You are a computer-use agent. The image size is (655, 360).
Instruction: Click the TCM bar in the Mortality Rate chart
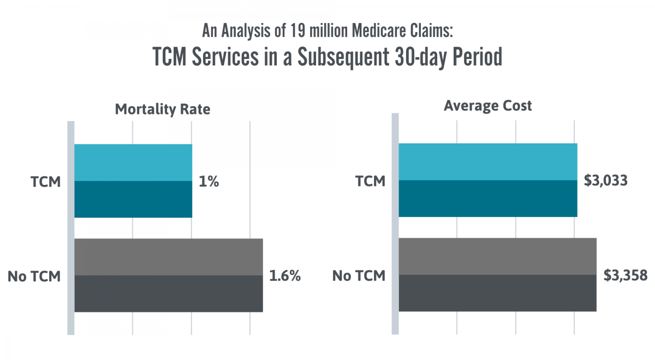[133, 181]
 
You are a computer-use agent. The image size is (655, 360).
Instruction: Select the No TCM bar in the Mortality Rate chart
[168, 275]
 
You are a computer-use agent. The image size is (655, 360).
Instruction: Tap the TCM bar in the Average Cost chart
[487, 180]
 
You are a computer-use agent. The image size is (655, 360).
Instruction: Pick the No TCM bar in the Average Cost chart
[497, 274]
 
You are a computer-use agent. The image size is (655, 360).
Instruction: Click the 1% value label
[209, 182]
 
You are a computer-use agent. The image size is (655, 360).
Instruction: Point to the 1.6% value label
[285, 276]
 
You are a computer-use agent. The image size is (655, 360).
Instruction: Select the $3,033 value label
[605, 181]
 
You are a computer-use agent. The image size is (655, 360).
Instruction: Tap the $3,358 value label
[626, 275]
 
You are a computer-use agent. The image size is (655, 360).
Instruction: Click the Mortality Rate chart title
[162, 109]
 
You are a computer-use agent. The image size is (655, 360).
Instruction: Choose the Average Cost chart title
[487, 106]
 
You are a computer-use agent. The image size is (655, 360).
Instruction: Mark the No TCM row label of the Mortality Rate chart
[33, 276]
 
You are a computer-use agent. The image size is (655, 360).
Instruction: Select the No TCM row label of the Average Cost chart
[359, 276]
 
